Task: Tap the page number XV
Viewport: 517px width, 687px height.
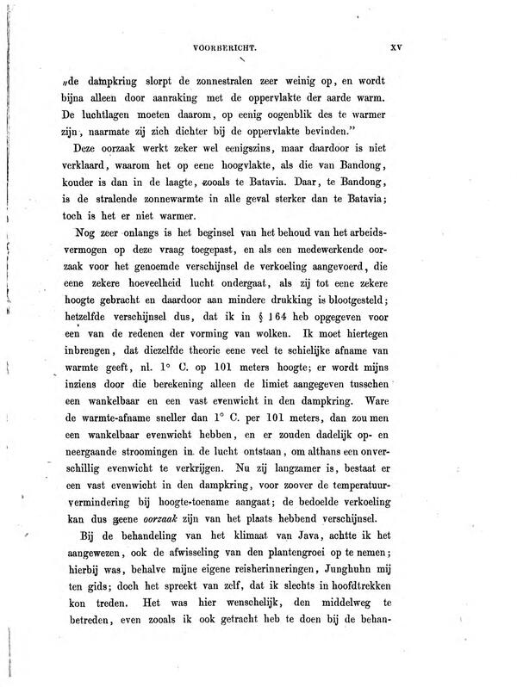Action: (x=397, y=49)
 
